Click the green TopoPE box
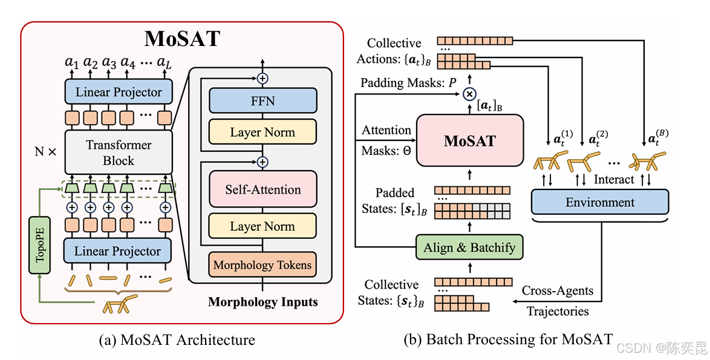click(x=40, y=245)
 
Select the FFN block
click(x=262, y=100)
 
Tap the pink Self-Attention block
click(x=262, y=189)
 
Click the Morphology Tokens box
click(x=262, y=265)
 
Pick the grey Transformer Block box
click(x=119, y=152)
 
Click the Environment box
click(x=600, y=202)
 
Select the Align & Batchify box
click(x=469, y=247)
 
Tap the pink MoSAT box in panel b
click(x=469, y=141)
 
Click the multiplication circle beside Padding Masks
click(x=469, y=94)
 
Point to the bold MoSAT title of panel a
click(x=182, y=39)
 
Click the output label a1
click(x=72, y=62)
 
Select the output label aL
click(x=164, y=62)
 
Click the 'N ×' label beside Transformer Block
click(x=46, y=152)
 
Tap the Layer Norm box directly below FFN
click(x=262, y=133)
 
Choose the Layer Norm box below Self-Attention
click(x=262, y=226)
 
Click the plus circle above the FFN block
click(x=262, y=78)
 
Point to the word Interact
click(x=614, y=179)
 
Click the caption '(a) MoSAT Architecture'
click(x=177, y=339)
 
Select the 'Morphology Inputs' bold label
click(x=262, y=302)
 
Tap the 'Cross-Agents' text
click(x=558, y=290)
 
